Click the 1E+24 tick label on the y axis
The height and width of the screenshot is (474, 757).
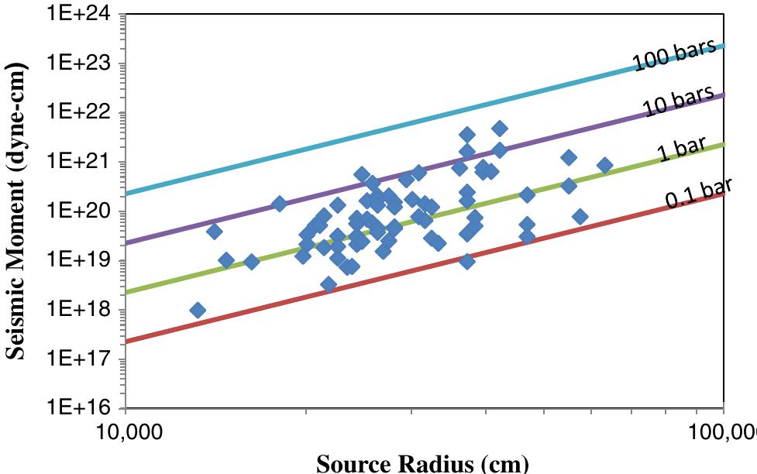(81, 15)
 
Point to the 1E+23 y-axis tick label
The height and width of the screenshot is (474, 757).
(81, 64)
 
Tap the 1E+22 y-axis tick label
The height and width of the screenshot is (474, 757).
(81, 113)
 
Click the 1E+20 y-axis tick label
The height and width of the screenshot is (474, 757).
(81, 211)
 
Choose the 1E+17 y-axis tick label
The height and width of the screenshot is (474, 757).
(81, 359)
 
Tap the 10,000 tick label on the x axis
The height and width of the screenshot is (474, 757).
(126, 431)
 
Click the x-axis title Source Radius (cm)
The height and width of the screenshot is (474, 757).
(423, 463)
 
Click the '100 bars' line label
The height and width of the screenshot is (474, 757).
(673, 56)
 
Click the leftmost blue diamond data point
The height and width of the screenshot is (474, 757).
(198, 311)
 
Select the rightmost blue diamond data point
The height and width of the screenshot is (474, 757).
(604, 165)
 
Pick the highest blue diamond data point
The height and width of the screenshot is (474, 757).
(500, 129)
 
